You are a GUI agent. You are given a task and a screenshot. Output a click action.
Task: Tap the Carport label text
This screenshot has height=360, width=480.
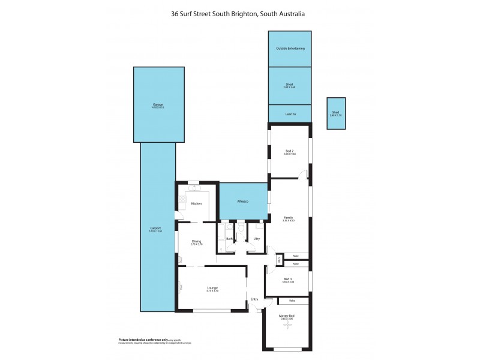click(x=158, y=227)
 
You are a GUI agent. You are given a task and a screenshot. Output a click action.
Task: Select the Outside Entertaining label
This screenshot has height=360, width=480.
click(x=289, y=48)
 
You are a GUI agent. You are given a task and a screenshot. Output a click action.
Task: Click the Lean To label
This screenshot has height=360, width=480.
click(x=289, y=113)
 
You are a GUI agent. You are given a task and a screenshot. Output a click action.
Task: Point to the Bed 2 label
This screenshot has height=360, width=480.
click(x=289, y=151)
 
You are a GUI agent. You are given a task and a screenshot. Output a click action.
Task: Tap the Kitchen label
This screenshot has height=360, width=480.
click(x=196, y=204)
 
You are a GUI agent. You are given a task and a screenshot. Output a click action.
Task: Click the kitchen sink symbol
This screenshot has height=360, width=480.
click(x=194, y=188)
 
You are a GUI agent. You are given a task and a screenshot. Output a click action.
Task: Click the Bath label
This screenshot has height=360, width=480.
click(x=229, y=239)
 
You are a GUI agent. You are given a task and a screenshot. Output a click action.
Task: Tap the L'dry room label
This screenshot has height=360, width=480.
click(x=256, y=239)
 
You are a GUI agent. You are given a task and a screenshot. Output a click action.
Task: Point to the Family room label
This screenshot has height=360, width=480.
click(x=289, y=217)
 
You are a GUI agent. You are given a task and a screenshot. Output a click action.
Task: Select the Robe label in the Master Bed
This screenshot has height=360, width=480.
click(x=292, y=300)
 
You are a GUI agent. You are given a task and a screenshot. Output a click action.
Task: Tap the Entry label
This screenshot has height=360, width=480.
click(x=254, y=299)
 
